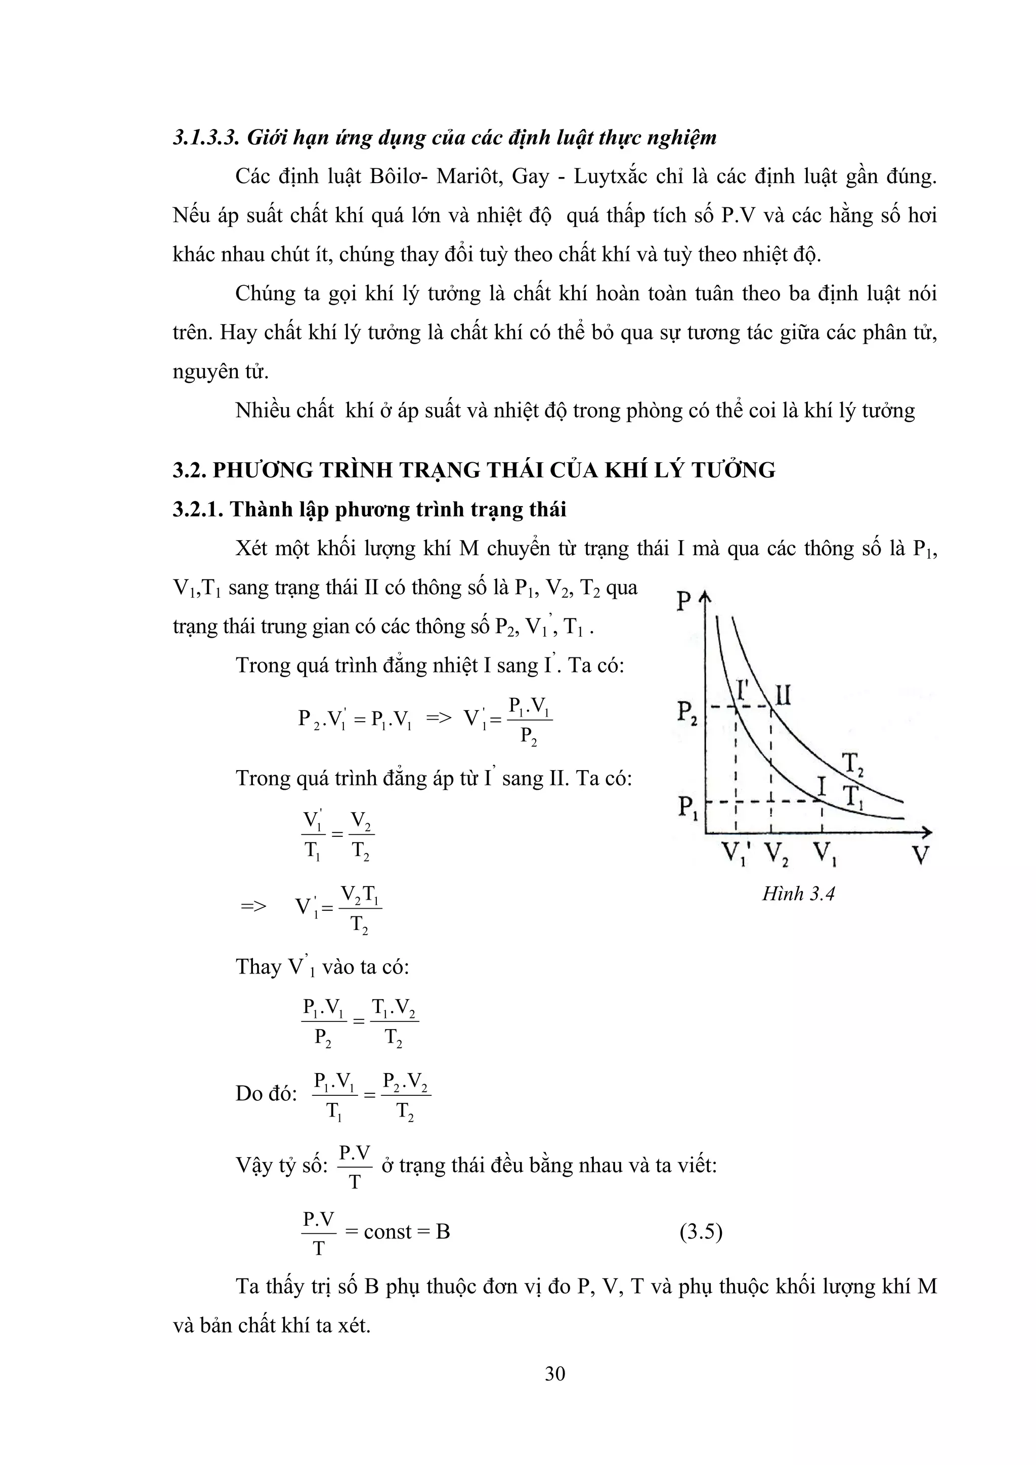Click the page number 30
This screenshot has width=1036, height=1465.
click(x=555, y=1373)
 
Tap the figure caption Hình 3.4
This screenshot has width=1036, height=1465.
click(x=798, y=893)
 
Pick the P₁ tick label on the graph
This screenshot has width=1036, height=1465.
click(x=687, y=809)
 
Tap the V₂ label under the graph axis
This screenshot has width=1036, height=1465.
click(x=776, y=854)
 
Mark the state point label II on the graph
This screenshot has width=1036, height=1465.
click(x=782, y=694)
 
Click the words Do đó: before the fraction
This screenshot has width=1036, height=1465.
click(x=266, y=1094)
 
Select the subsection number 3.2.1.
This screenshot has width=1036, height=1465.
click(x=198, y=509)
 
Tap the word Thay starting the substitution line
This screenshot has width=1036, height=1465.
click(x=258, y=967)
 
